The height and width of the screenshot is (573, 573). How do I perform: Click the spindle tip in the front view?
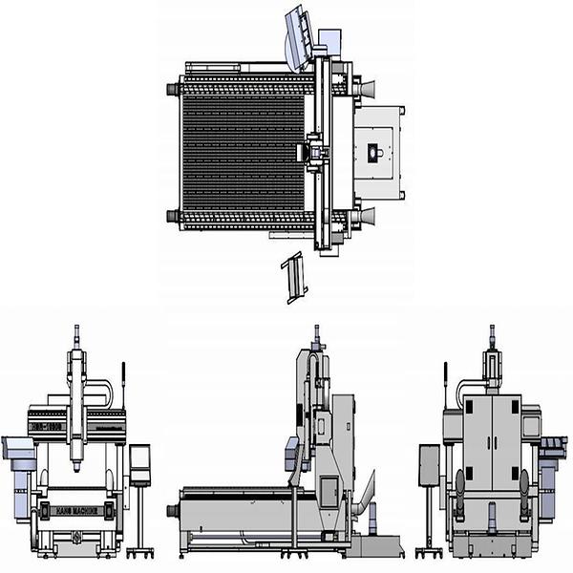click(x=76, y=470)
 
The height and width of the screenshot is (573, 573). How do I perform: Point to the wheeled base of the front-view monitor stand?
click(x=139, y=551)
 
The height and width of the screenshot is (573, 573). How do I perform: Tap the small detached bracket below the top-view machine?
click(x=295, y=277)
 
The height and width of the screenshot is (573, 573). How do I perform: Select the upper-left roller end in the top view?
click(x=174, y=89)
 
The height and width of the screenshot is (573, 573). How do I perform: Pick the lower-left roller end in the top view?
click(x=174, y=216)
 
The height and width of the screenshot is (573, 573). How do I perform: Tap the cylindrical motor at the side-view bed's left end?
click(x=173, y=511)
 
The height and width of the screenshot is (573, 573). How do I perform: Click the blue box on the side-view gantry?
click(x=290, y=454)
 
